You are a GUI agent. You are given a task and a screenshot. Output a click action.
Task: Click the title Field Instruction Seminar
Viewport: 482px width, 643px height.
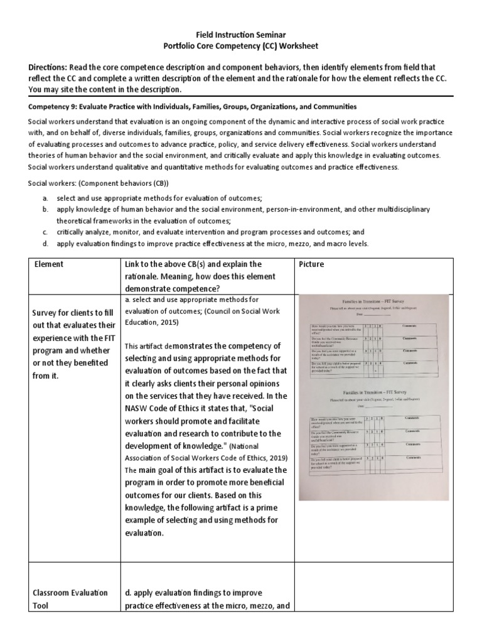(x=241, y=35)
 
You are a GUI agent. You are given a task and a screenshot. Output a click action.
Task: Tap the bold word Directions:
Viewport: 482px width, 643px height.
(x=52, y=67)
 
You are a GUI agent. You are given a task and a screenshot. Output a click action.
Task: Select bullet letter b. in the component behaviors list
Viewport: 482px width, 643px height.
(x=46, y=209)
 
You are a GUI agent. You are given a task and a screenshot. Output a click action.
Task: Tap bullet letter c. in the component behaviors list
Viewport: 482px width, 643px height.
(x=46, y=232)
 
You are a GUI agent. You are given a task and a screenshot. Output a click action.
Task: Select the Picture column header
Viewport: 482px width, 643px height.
(x=313, y=264)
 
